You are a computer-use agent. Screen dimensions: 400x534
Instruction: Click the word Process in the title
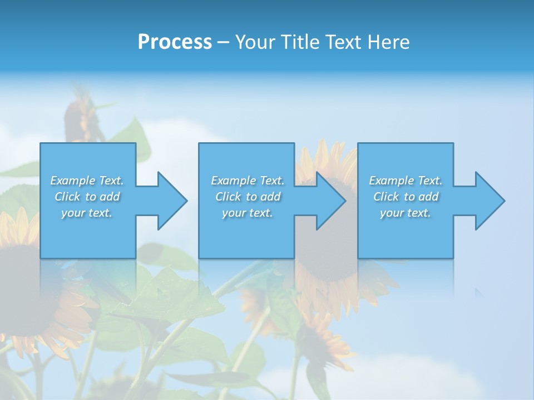[175, 42]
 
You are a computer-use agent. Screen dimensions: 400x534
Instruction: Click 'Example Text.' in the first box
[87, 181]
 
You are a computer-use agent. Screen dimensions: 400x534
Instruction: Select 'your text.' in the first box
[87, 213]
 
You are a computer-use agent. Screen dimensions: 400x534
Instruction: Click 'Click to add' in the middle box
[248, 197]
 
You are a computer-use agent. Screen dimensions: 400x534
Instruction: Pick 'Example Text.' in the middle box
[248, 181]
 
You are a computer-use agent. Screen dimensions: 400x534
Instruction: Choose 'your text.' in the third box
[406, 213]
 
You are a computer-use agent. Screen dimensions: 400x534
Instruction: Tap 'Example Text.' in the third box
[406, 181]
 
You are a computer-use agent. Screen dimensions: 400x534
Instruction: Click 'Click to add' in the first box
[87, 197]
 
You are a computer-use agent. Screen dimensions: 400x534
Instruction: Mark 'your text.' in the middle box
[248, 213]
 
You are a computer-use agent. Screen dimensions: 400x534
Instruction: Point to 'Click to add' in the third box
[406, 197]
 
